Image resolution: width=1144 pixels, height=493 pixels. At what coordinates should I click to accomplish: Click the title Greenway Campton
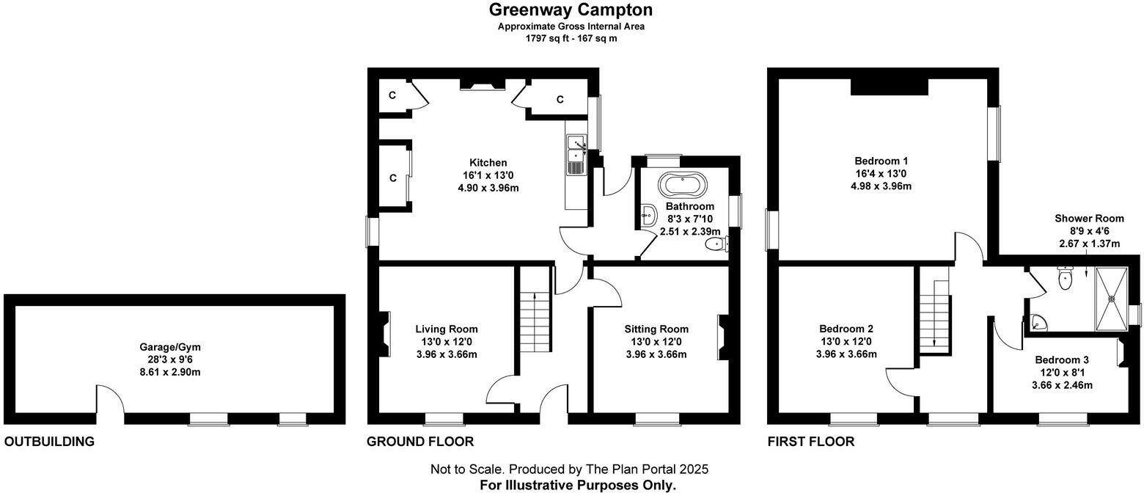(x=571, y=10)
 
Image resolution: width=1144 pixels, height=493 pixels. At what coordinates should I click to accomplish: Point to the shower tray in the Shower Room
(x=1113, y=299)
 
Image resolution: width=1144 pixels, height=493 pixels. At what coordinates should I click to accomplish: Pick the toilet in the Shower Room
(x=1065, y=278)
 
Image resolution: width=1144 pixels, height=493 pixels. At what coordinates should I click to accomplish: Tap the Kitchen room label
(x=488, y=163)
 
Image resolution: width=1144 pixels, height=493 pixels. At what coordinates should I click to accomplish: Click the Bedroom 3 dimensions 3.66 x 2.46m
(x=1061, y=384)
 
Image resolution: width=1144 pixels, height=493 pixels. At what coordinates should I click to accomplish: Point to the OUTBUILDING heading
(x=49, y=442)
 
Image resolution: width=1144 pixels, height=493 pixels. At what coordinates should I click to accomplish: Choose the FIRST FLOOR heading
(x=810, y=442)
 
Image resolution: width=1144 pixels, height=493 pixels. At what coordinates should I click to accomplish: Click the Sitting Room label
(x=656, y=329)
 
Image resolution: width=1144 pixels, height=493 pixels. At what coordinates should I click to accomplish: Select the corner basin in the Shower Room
(x=1037, y=321)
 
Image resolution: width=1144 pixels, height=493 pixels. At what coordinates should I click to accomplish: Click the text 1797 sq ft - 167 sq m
(x=571, y=38)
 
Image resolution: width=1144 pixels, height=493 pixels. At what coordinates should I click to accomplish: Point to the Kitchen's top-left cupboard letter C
(x=392, y=95)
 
